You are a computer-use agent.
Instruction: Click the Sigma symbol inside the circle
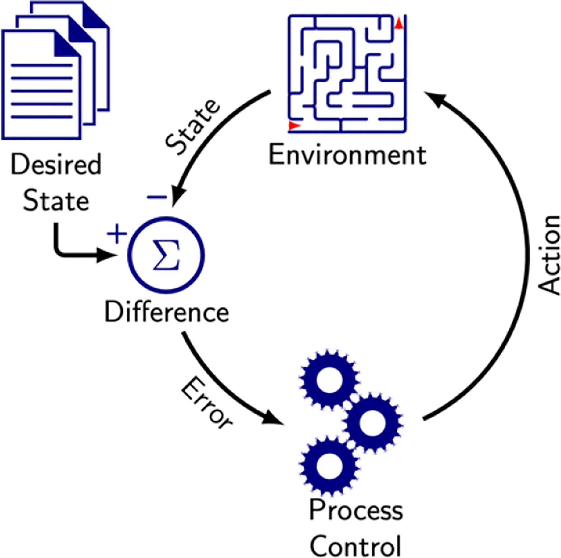[x=167, y=255]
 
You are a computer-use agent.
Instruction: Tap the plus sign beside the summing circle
[x=117, y=234]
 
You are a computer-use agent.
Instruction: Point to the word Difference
[x=166, y=312]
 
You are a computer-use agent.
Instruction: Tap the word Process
[x=356, y=510]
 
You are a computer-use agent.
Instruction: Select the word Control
[x=355, y=546]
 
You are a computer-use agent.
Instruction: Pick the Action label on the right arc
[x=549, y=255]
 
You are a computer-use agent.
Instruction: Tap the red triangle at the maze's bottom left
[x=294, y=125]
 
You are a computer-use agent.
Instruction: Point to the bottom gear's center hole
[x=329, y=465]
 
